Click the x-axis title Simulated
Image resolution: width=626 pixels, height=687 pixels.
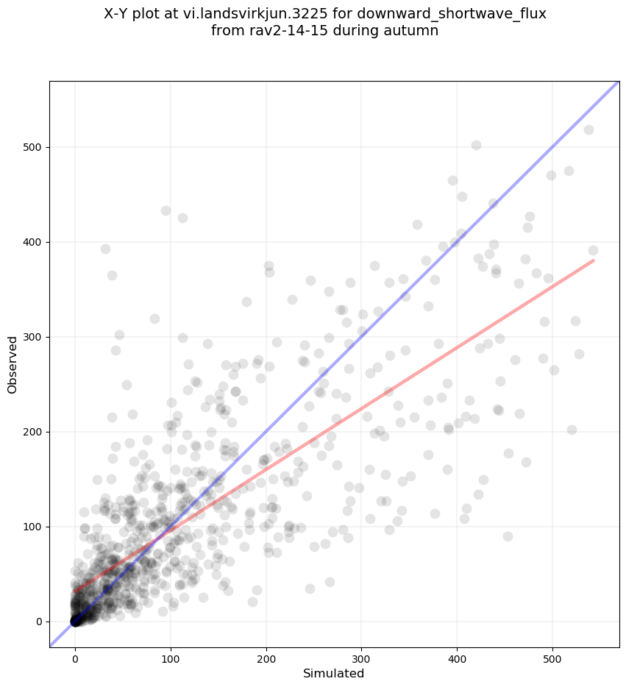point(334,673)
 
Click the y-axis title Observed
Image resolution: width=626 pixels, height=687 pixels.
point(13,364)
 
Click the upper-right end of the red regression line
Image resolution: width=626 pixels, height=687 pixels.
point(593,260)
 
